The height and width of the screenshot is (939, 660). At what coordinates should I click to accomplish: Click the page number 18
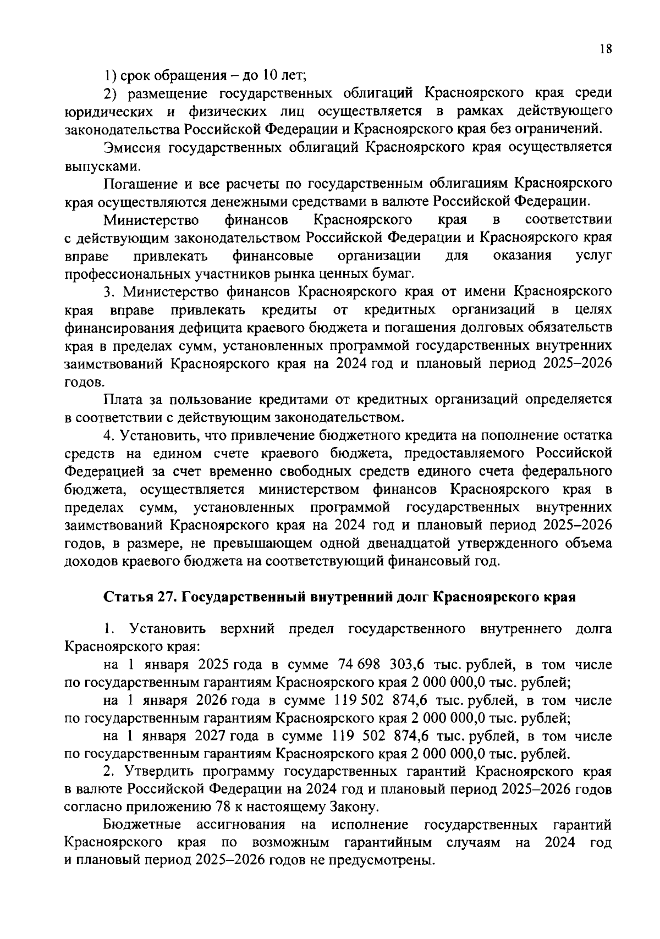[606, 49]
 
